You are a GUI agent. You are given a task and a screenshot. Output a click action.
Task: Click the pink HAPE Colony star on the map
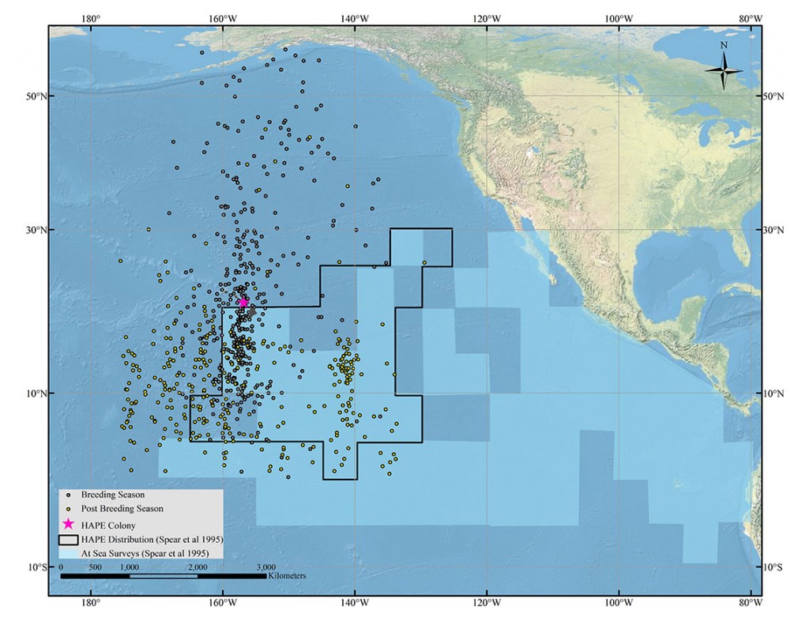tap(243, 302)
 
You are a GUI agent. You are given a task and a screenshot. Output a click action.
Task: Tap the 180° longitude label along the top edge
tap(92, 18)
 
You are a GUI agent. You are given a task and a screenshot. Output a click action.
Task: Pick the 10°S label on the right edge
tap(778, 567)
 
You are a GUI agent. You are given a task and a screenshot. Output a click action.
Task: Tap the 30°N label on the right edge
tap(778, 230)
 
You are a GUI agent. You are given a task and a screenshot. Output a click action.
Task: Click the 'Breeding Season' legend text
tap(113, 495)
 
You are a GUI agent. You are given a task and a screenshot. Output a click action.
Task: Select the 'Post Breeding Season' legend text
tap(122, 509)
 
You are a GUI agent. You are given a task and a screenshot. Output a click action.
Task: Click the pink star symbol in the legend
tap(69, 525)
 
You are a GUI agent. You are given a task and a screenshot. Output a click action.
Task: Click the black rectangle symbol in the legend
tap(69, 539)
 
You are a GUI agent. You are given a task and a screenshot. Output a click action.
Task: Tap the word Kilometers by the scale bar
tap(286, 576)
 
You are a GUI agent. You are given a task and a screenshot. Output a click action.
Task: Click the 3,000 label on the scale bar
tap(265, 567)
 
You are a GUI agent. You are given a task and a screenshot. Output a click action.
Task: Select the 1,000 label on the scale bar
tap(129, 567)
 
